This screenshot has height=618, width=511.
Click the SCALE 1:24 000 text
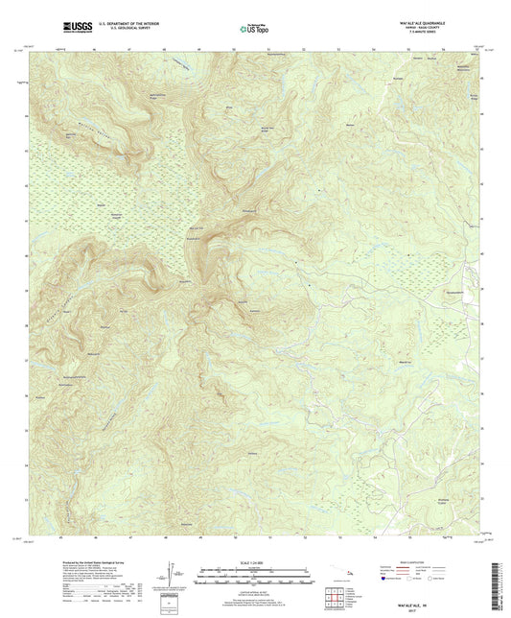pyautogui.click(x=254, y=560)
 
